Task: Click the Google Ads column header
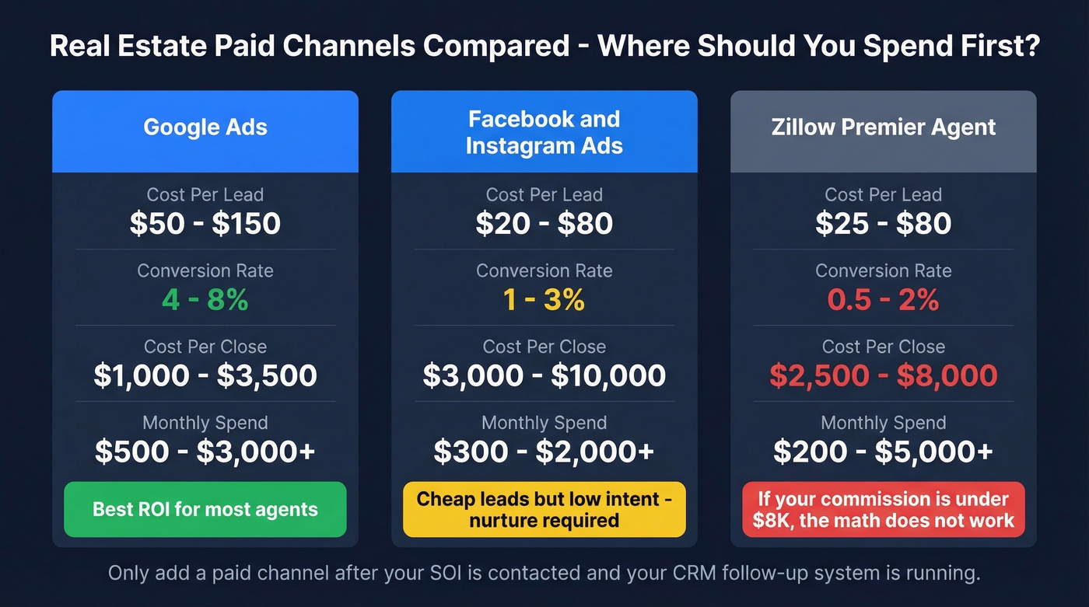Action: coord(205,127)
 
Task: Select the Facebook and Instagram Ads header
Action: coord(544,132)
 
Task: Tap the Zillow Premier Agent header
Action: coord(883,127)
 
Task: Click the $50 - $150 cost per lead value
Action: coord(205,224)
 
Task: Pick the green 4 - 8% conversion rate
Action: coord(205,300)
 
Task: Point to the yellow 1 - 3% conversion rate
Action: coord(544,300)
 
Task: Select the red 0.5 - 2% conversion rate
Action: coord(883,300)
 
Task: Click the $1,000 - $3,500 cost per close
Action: coord(205,375)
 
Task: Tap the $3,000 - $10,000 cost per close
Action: coord(544,375)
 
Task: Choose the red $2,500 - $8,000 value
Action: coord(883,375)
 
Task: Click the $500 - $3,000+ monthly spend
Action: coord(205,452)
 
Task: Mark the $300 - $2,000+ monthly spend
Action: coord(544,452)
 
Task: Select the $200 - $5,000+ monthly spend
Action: coord(883,452)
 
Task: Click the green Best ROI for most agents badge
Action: coord(205,510)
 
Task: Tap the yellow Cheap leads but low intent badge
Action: coord(544,510)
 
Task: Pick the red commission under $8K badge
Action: coord(883,510)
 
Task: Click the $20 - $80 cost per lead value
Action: coord(544,224)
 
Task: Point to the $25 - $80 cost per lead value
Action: coord(883,224)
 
